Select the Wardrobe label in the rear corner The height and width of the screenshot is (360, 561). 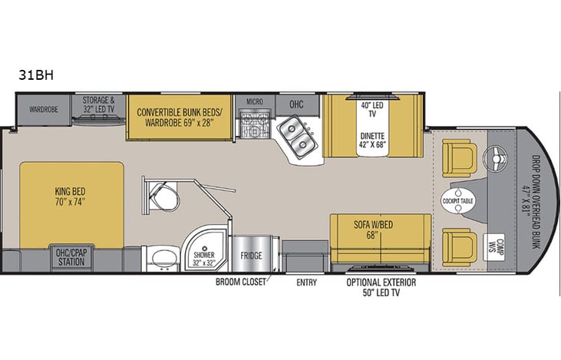(x=43, y=109)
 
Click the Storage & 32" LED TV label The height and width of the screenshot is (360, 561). (x=98, y=104)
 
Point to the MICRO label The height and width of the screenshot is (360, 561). (x=255, y=102)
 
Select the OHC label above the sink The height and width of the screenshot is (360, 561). (x=296, y=104)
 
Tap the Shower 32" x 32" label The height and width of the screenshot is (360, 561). (x=204, y=257)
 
